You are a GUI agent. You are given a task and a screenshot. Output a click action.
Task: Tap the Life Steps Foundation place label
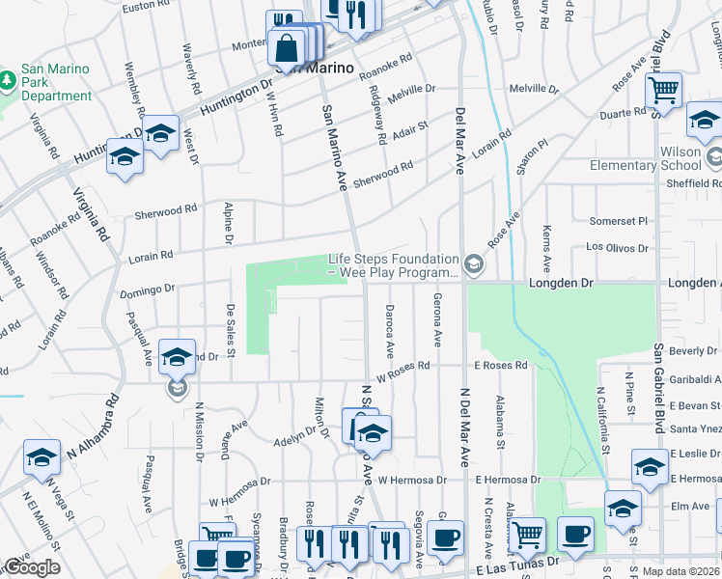click(393, 265)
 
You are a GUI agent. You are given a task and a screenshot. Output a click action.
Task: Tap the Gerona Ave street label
click(436, 320)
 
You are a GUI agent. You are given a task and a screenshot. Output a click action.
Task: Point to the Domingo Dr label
click(147, 289)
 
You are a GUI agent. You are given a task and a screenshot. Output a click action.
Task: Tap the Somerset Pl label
click(618, 221)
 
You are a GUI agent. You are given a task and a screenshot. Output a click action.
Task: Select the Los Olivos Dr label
click(619, 247)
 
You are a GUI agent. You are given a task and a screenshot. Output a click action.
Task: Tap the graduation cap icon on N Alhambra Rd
click(42, 459)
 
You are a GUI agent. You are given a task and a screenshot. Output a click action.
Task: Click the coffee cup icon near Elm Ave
click(575, 535)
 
